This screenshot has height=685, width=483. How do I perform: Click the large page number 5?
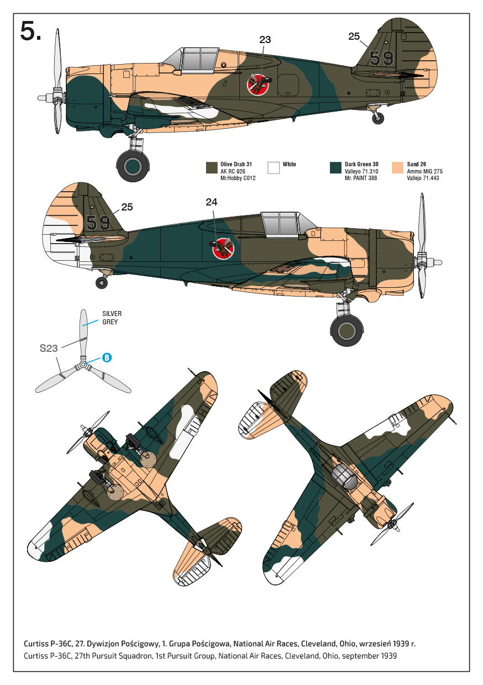(30, 31)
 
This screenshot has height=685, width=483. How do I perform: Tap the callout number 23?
(265, 39)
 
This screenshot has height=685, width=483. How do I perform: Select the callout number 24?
(212, 202)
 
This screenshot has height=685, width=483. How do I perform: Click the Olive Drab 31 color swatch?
(211, 168)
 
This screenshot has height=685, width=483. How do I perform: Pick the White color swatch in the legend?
(273, 168)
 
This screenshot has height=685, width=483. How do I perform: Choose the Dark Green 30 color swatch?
(335, 168)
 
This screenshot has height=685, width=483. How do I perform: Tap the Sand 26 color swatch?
(397, 168)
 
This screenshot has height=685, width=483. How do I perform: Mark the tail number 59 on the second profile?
(98, 223)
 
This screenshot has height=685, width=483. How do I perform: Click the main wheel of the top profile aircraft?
(133, 165)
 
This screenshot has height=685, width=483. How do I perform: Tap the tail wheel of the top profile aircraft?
(378, 118)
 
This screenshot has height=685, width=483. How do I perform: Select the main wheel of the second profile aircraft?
(347, 330)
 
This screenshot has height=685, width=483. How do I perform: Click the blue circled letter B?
(107, 357)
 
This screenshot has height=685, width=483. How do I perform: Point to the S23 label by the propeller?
(49, 348)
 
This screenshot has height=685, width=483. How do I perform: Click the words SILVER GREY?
(112, 318)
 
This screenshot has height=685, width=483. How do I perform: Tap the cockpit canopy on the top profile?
(198, 59)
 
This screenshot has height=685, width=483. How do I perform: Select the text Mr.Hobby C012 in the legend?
(238, 178)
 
